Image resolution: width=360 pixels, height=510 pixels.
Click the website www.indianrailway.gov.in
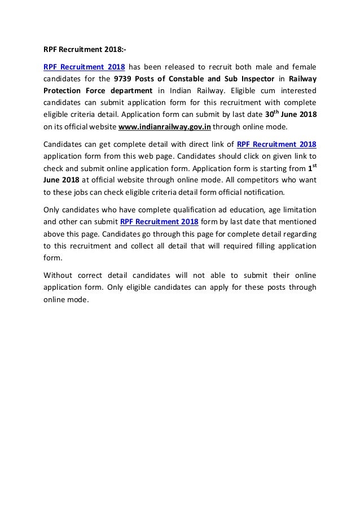[164, 127]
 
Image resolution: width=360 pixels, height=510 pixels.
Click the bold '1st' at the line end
[311, 168]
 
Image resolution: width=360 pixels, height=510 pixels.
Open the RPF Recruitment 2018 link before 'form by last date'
[159, 222]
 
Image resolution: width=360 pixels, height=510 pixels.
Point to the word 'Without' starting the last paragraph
[58, 276]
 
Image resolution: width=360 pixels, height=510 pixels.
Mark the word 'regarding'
[298, 234]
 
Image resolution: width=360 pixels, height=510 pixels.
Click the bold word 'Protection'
[64, 90]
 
